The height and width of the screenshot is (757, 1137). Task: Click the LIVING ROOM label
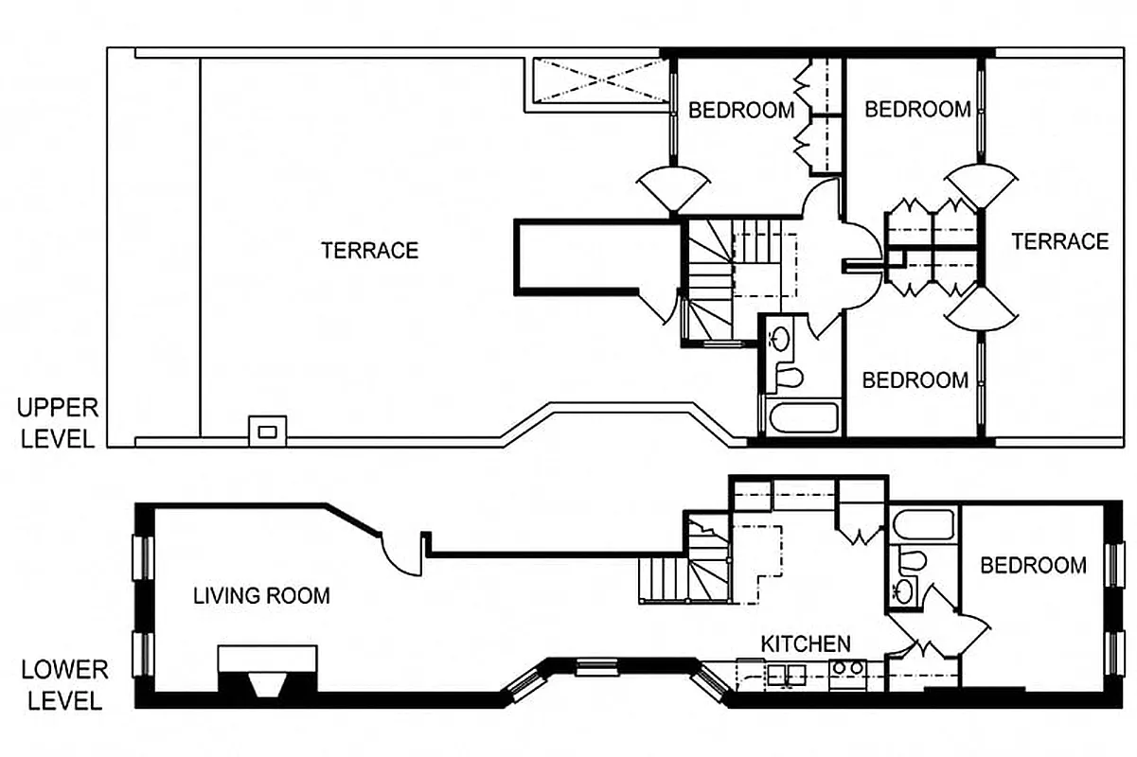click(x=261, y=596)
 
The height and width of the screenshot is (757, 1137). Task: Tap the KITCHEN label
click(x=806, y=644)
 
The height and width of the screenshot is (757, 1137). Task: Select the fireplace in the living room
click(x=268, y=673)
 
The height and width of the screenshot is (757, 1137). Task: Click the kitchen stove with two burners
click(x=846, y=673)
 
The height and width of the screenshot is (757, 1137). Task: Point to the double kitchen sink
click(x=786, y=674)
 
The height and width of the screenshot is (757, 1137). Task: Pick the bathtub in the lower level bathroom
click(x=924, y=525)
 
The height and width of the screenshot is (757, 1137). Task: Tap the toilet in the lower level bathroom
click(x=911, y=560)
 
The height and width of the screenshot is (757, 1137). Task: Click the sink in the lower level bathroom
click(x=903, y=591)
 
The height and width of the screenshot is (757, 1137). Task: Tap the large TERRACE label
click(x=369, y=251)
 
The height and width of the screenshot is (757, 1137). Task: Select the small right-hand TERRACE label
click(x=1059, y=242)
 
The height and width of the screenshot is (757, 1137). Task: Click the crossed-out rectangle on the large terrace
click(x=596, y=79)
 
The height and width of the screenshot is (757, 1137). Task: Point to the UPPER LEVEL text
click(x=57, y=423)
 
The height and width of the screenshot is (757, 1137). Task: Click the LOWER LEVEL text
click(x=64, y=685)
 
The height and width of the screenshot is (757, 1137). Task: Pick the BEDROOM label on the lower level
click(x=1033, y=566)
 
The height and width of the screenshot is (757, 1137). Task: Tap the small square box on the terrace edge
click(x=268, y=431)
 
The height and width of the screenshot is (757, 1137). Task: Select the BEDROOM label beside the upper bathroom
click(x=915, y=380)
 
